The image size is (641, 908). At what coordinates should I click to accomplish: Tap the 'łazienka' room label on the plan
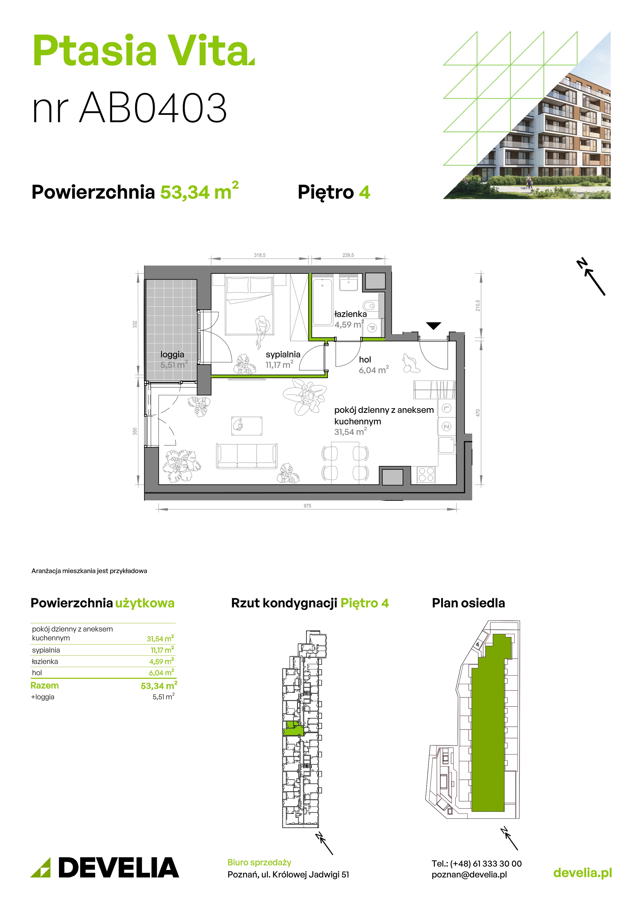pos(350,314)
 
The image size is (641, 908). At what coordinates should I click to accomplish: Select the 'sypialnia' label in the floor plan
pos(283,354)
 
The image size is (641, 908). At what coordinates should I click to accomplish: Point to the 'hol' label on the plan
pos(365,360)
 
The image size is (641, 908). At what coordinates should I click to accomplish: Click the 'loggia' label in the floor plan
pos(172,354)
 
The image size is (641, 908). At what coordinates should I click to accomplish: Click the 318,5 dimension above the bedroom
pos(260,255)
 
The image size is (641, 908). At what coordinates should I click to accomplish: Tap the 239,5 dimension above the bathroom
pos(348,255)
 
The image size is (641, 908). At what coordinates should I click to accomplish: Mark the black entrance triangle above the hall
pos(433,325)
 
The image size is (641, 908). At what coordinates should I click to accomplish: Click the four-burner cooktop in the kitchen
pos(426,474)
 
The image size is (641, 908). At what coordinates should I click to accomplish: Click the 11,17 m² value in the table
pos(162,650)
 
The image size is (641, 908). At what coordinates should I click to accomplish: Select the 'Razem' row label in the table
pos(45,685)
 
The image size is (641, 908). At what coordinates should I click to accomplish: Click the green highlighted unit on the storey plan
pos(293,728)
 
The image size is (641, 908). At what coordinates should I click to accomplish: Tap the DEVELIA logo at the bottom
pos(105,867)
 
